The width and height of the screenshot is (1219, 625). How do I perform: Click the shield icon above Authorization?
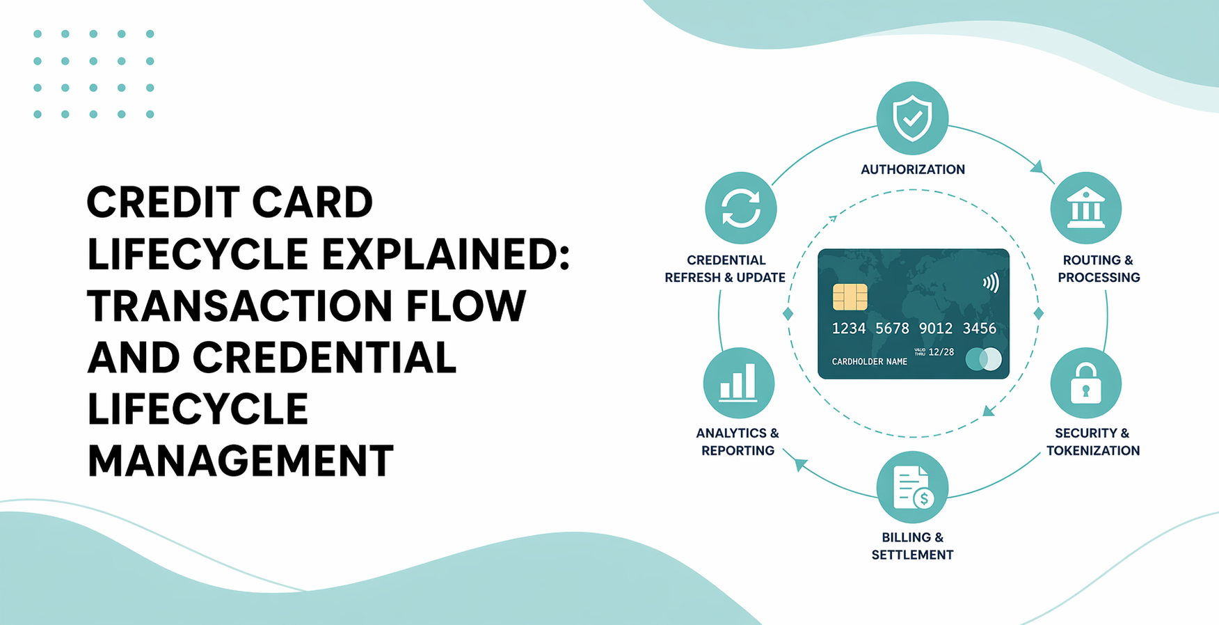(912, 118)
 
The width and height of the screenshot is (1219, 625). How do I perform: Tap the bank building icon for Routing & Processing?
(1085, 207)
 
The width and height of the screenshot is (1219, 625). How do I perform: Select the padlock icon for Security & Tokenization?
(1085, 383)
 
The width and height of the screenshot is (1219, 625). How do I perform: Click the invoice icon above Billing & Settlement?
(912, 487)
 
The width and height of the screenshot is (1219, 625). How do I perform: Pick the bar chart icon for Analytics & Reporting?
(738, 383)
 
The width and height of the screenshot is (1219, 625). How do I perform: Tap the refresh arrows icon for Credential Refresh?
(740, 208)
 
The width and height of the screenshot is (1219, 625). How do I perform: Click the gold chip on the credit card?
(850, 297)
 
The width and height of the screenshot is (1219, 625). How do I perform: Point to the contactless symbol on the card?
(991, 283)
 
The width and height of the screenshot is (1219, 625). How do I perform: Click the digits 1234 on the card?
(849, 329)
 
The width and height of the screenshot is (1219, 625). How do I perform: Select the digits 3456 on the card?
(979, 329)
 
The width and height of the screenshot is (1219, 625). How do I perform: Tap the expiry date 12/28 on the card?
(941, 352)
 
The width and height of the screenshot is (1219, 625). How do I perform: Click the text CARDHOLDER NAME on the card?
(869, 362)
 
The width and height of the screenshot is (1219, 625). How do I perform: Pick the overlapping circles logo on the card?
(984, 359)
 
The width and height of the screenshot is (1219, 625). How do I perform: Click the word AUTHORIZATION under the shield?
(912, 170)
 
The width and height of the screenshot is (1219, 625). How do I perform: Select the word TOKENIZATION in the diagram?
(1092, 451)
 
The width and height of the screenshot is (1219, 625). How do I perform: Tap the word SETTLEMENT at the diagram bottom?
(912, 555)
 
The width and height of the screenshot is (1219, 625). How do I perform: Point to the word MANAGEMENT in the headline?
(240, 461)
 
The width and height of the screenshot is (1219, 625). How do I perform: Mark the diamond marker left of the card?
(788, 314)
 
